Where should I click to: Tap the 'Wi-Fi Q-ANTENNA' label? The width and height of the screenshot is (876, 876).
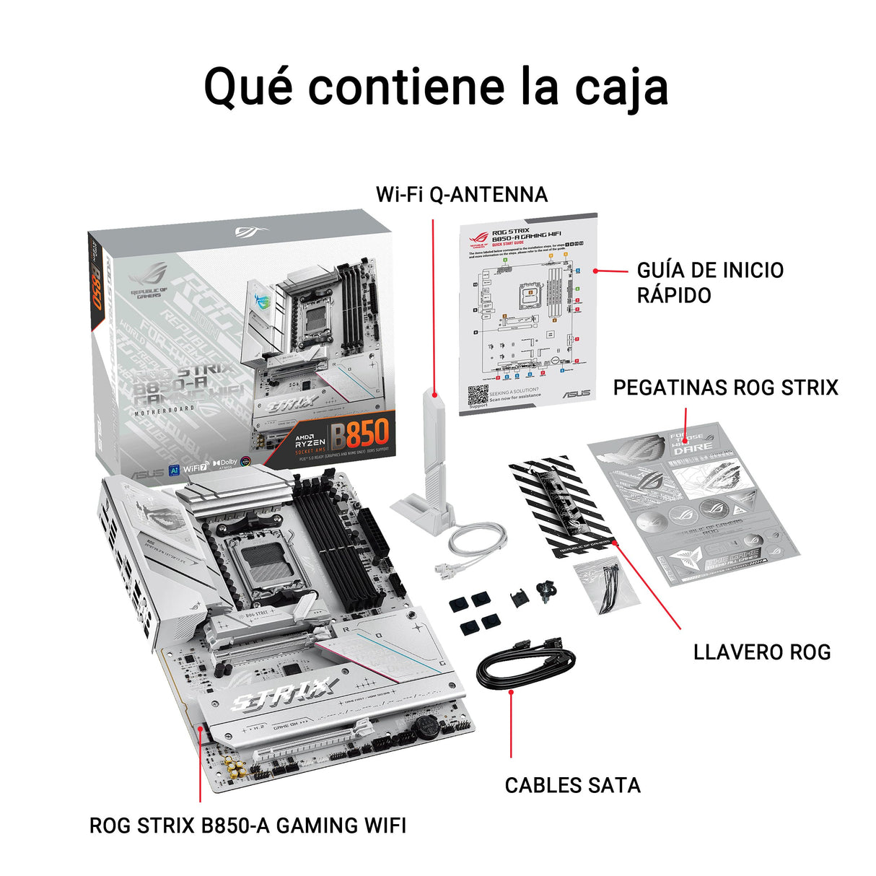click(x=461, y=194)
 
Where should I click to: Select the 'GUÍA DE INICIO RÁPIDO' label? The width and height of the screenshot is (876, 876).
click(x=709, y=282)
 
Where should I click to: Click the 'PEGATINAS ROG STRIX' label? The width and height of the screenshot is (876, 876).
click(x=725, y=387)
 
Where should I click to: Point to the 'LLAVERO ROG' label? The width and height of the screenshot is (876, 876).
click(x=761, y=652)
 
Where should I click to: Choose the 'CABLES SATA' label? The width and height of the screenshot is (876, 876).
click(x=572, y=785)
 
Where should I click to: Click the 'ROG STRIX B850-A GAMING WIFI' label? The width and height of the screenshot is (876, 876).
click(x=248, y=825)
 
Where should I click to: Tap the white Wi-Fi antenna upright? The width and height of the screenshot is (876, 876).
click(x=436, y=440)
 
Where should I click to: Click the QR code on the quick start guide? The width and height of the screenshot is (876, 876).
click(x=478, y=395)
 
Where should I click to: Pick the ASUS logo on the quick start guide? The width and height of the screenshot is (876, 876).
click(x=577, y=394)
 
